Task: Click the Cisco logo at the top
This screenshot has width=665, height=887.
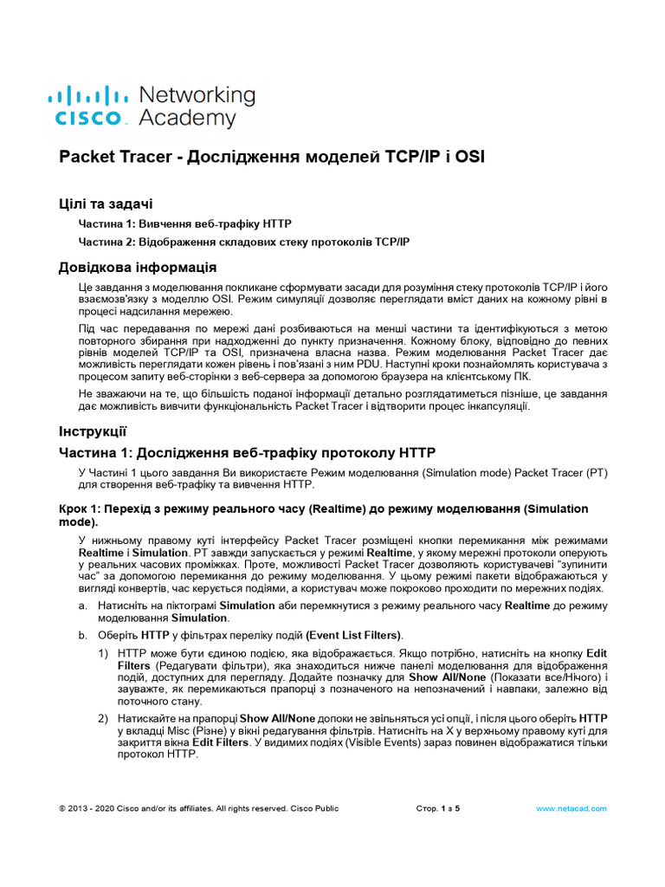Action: tap(87, 106)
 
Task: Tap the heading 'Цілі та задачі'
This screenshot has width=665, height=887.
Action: tap(106, 204)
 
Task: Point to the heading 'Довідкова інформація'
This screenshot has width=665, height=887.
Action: tap(137, 267)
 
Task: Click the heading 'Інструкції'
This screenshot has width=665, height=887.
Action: tap(93, 431)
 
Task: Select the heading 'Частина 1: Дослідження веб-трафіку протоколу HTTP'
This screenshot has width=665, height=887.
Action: tap(248, 452)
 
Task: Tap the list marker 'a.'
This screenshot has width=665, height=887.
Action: tap(82, 605)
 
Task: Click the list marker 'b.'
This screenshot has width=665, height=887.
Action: tap(82, 635)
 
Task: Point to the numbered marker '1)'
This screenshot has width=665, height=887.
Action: tap(103, 652)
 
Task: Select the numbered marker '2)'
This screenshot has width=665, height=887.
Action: tap(103, 718)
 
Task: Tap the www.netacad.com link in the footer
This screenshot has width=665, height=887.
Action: tap(571, 808)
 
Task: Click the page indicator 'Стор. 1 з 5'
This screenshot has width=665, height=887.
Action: tap(438, 808)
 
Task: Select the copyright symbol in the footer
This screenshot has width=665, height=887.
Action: tap(61, 808)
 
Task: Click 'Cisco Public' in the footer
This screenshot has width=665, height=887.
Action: tap(314, 808)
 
